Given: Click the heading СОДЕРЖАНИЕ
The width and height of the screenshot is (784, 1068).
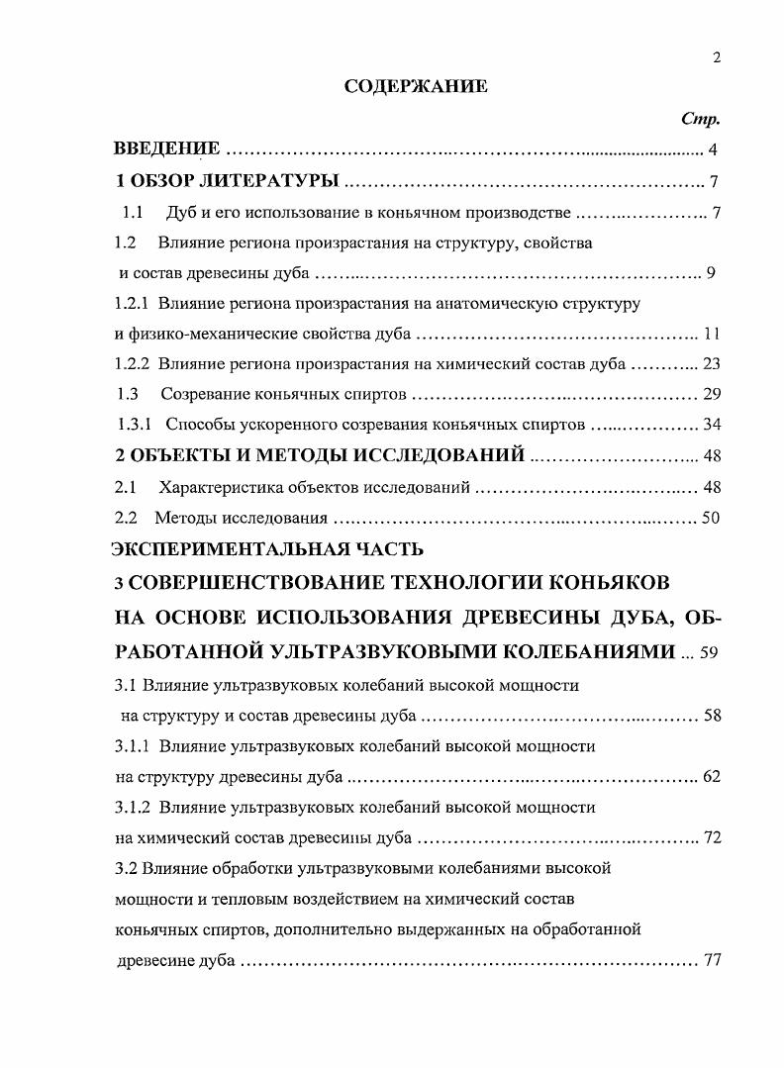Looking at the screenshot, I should tap(415, 87).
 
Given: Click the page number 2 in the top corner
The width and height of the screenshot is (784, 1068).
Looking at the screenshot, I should tap(717, 57).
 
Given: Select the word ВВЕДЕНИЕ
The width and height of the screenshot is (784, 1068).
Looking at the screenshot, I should tap(167, 151).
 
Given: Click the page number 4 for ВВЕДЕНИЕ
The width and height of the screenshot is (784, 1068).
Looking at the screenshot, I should tap(713, 151).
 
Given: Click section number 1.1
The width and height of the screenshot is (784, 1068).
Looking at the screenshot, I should tap(134, 213).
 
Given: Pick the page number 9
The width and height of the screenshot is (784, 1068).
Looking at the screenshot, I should tap(711, 273).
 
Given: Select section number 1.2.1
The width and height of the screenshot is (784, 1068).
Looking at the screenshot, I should tap(133, 302).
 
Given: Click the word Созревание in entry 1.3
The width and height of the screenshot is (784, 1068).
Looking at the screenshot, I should tap(202, 395).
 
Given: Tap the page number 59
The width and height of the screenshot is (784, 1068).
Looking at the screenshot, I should tap(710, 653).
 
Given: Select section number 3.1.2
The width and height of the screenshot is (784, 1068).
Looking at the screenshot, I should tap(133, 807).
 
